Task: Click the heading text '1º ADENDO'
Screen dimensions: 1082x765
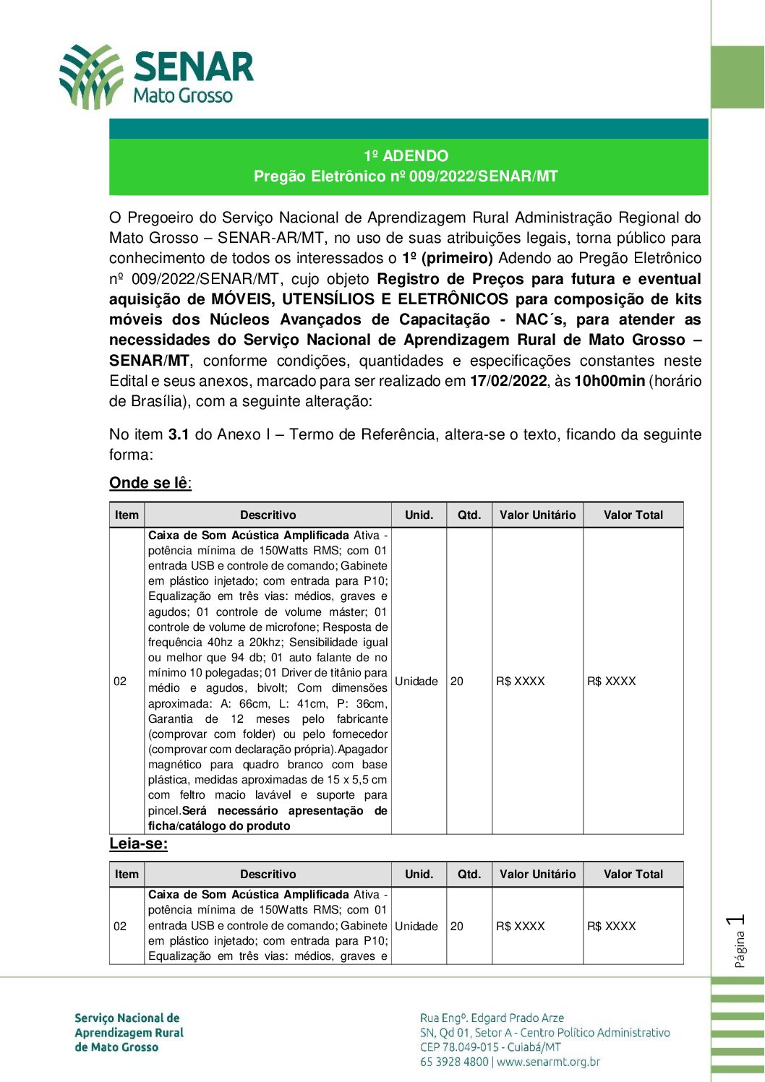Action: [x=406, y=156]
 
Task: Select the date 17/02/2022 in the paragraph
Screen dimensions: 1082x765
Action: [x=508, y=381]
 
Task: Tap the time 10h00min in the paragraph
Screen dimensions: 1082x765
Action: [x=609, y=381]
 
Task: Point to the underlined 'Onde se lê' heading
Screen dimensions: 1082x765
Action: [x=150, y=483]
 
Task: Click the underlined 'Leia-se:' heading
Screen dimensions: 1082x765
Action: [x=138, y=844]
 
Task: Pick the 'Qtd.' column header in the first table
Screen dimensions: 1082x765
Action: [x=469, y=515]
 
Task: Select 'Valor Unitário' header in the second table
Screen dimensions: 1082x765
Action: [x=537, y=875]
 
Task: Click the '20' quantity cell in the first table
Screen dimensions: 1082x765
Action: [x=457, y=682]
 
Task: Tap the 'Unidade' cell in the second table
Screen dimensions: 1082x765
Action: [x=416, y=927]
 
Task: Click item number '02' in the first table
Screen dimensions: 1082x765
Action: [x=120, y=682]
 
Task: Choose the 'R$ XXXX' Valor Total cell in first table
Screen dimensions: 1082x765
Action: [x=612, y=682]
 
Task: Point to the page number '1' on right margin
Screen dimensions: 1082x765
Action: [x=738, y=920]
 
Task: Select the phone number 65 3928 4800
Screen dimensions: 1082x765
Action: [x=454, y=1062]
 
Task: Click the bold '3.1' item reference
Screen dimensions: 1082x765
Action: [x=179, y=434]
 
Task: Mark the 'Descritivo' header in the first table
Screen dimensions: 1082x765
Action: [x=268, y=515]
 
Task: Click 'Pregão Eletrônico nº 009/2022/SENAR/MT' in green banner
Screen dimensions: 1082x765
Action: [x=406, y=176]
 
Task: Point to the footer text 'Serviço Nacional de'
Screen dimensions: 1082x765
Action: [x=127, y=1018]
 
